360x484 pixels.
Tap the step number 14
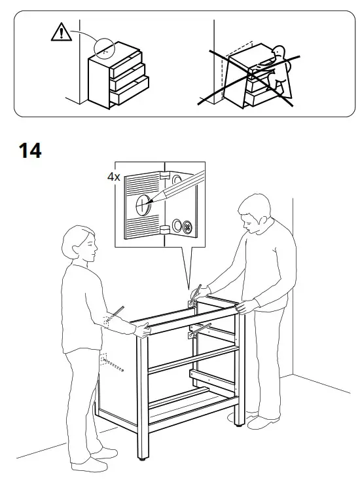[29, 150]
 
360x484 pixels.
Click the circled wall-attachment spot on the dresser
[103, 47]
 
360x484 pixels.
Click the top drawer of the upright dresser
[127, 65]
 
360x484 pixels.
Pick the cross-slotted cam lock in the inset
[186, 228]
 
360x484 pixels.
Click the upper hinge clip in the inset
[164, 175]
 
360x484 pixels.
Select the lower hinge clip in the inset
[166, 229]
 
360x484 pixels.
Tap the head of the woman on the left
[80, 246]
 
